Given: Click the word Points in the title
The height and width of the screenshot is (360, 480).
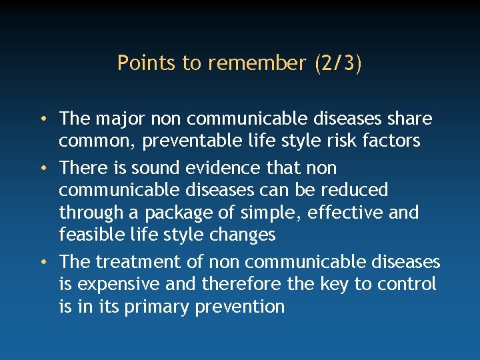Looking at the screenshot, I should click(x=138, y=63).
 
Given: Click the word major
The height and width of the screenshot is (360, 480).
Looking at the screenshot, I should click(x=116, y=119).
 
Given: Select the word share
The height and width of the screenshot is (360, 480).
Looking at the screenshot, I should click(x=409, y=119).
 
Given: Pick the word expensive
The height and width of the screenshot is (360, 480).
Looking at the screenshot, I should click(x=118, y=284).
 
